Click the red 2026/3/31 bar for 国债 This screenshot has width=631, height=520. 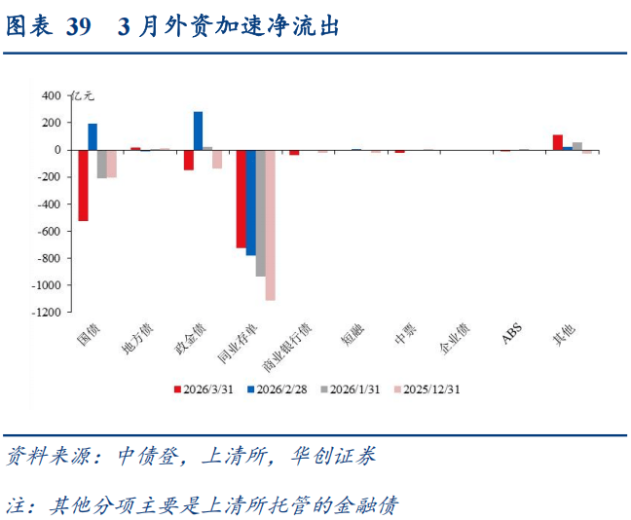tap(83, 186)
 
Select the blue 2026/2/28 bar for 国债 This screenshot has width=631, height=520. tap(93, 137)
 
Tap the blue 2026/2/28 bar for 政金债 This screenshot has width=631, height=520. tap(198, 131)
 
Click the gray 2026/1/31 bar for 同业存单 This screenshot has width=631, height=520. tap(260, 213)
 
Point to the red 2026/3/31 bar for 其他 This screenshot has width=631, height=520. tap(558, 142)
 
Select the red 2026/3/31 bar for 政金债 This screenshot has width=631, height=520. tap(188, 161)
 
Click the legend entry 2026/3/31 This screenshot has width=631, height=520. tap(208, 389)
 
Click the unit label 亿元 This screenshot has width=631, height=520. tap(84, 95)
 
